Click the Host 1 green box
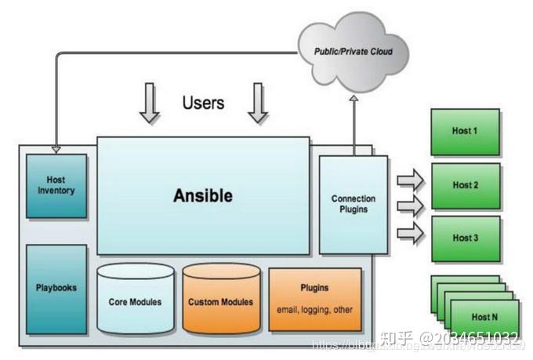click(x=464, y=131)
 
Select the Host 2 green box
click(x=464, y=185)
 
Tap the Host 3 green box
click(x=464, y=238)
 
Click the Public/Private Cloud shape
click(x=353, y=52)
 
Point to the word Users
click(x=203, y=103)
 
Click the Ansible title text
click(x=202, y=195)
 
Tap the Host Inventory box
click(x=56, y=186)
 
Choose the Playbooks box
click(x=56, y=288)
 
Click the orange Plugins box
click(x=314, y=299)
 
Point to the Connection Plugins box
click(x=353, y=204)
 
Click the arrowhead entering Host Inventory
click(x=56, y=148)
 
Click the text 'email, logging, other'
click(x=314, y=309)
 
